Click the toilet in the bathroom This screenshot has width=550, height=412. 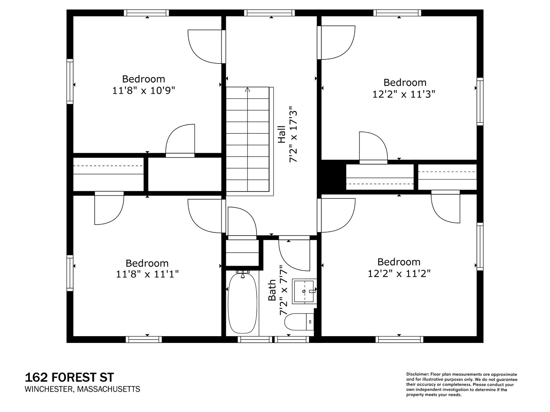[x=299, y=322]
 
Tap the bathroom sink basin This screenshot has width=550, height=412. [x=304, y=291]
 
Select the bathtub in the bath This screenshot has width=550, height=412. [x=242, y=303]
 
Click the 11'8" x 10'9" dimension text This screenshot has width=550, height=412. [x=143, y=90]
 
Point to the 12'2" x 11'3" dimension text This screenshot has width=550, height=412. [x=404, y=94]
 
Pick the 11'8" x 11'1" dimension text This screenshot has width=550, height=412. [x=147, y=274]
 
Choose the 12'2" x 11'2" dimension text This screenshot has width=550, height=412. [x=399, y=273]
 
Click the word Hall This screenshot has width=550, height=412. [x=282, y=134]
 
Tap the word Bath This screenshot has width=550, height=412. [x=272, y=290]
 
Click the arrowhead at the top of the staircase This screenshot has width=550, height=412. [x=247, y=89]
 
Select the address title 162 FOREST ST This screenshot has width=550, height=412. [x=69, y=377]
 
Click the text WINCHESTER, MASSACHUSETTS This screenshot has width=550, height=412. [x=82, y=389]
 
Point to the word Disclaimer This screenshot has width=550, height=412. [x=417, y=374]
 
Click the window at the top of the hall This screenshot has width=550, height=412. [x=269, y=13]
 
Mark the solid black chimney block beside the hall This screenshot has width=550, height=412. [x=331, y=177]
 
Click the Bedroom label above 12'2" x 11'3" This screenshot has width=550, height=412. [x=405, y=82]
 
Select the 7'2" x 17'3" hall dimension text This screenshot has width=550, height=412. [x=293, y=134]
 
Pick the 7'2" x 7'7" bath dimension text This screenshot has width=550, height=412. [x=283, y=290]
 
